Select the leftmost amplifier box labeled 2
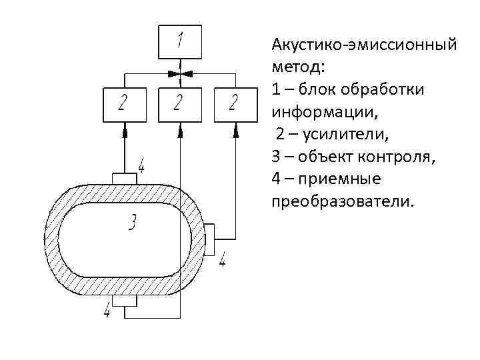(x=125, y=104)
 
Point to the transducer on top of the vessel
(x=125, y=178)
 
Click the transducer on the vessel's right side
(x=209, y=239)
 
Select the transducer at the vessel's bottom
(x=125, y=301)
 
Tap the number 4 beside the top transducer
(x=141, y=164)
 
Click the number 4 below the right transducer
(x=222, y=260)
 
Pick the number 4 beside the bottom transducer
(x=107, y=309)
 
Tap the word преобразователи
(x=343, y=201)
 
